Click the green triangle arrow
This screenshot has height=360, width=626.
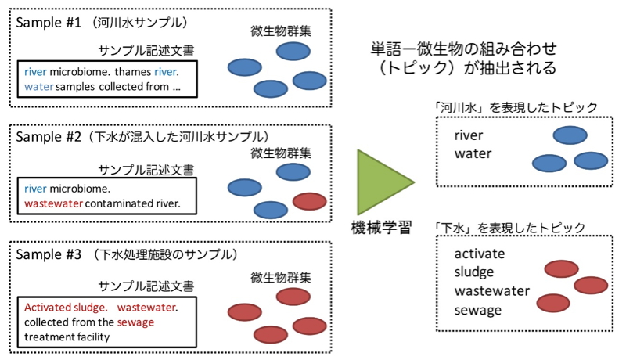click(x=381, y=182)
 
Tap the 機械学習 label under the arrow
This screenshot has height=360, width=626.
click(x=382, y=228)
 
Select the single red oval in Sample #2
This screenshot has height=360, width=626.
click(x=309, y=202)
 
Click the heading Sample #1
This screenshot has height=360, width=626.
click(x=49, y=23)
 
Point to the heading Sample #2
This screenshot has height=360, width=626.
click(x=49, y=137)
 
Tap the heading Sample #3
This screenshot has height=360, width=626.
click(x=49, y=254)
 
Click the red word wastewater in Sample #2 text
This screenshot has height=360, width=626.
click(x=53, y=203)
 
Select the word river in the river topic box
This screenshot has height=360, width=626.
click(x=469, y=135)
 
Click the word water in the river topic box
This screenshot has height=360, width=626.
click(x=473, y=153)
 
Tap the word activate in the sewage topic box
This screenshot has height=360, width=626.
click(x=480, y=254)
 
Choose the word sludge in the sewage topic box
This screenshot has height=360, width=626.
click(x=474, y=272)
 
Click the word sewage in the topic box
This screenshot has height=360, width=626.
click(x=478, y=310)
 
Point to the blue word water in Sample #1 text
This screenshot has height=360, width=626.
click(x=38, y=87)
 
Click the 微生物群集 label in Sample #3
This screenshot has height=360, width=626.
click(x=281, y=277)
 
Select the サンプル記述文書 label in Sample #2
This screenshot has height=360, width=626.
click(x=146, y=170)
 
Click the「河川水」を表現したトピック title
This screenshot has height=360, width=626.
click(x=516, y=107)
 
